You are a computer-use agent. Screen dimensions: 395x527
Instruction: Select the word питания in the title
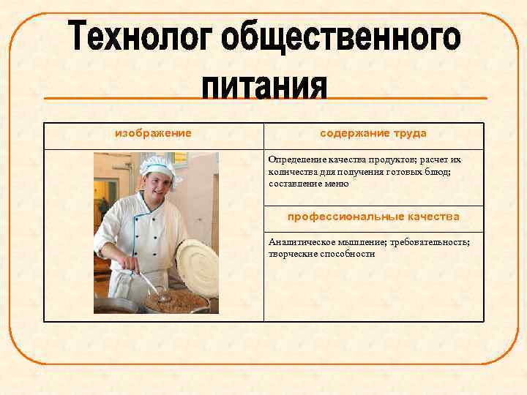[264, 86]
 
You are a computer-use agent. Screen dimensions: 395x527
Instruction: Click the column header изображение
[154, 133]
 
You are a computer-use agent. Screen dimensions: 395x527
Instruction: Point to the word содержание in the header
[349, 133]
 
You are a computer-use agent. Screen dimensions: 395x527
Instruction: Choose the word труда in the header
[410, 133]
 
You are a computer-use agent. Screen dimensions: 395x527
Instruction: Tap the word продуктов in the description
[398, 159]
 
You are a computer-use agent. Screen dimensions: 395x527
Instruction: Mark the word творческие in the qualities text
[291, 254]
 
